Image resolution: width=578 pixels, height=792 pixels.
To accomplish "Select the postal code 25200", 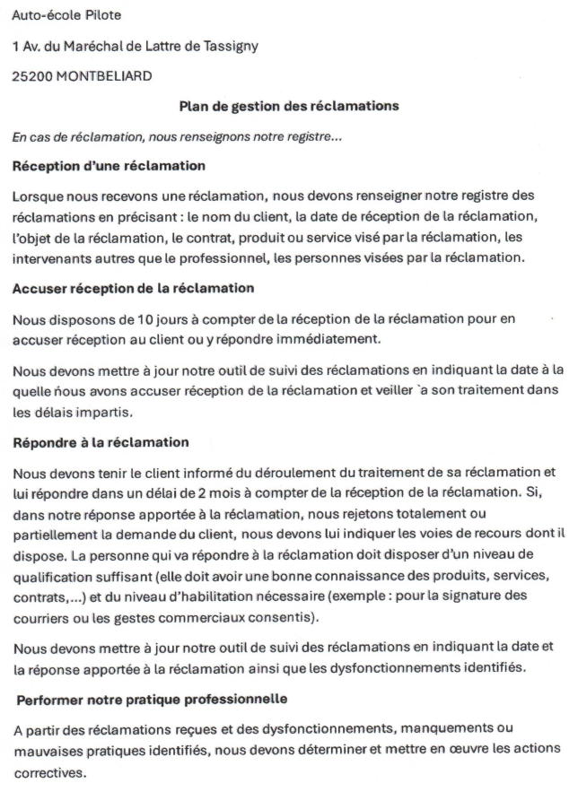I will click(x=31, y=76).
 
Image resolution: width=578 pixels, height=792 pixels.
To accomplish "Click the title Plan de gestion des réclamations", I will click(x=288, y=107).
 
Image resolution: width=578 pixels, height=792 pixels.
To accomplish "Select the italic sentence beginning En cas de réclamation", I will click(x=177, y=137).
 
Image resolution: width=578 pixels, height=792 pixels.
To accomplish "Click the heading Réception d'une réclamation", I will click(x=109, y=166).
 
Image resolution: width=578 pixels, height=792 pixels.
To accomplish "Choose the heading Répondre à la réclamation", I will click(x=100, y=443).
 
